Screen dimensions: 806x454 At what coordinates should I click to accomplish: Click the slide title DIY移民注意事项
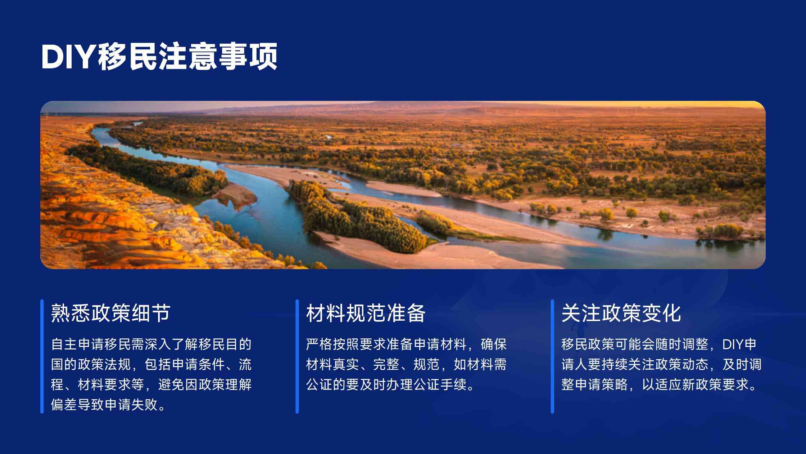tap(159, 57)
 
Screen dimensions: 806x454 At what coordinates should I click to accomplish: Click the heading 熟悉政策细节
tap(110, 312)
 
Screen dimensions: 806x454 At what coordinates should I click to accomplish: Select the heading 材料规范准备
tap(366, 312)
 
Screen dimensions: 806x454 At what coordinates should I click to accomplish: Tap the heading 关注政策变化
tap(621, 312)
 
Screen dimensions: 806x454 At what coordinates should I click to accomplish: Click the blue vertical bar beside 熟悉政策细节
tap(42, 356)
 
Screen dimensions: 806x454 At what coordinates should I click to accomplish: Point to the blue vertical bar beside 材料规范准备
tap(297, 356)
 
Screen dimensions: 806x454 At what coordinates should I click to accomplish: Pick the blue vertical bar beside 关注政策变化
tap(552, 356)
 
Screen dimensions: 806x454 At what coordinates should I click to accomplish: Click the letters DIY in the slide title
tap(68, 57)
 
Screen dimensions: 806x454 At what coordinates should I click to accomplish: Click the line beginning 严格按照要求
tap(406, 344)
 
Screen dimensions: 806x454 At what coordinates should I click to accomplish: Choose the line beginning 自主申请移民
tap(151, 344)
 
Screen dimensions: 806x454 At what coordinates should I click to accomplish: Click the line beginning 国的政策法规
tap(151, 364)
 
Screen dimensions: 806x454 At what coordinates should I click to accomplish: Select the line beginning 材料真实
tap(406, 364)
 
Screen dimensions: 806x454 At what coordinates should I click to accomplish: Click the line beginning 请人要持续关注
tap(661, 364)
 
